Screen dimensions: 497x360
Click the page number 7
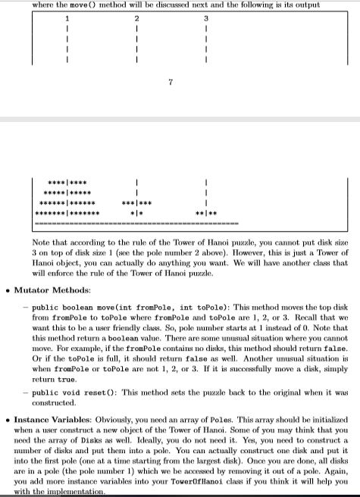click(172, 81)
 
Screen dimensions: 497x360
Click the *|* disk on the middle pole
click(137, 214)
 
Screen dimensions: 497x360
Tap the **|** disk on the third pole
click(205, 214)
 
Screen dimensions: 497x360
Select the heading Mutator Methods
click(52, 289)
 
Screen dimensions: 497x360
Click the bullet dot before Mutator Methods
click(8, 289)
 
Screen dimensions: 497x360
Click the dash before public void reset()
click(25, 392)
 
